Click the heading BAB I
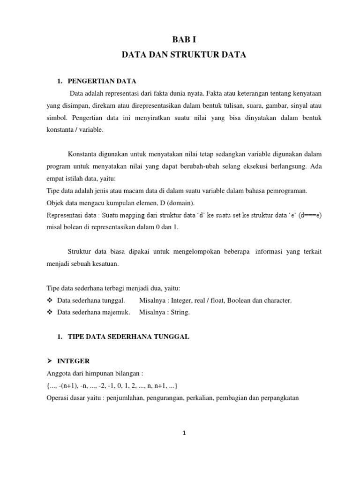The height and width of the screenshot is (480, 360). click(184, 40)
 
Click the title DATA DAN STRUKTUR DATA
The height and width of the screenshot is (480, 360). click(184, 55)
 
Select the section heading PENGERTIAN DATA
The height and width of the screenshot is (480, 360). click(102, 82)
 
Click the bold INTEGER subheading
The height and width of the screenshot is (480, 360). click(74, 361)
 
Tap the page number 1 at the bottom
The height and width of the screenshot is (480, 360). click(185, 433)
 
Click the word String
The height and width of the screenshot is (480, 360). click(180, 313)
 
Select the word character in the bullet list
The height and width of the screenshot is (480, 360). click(277, 300)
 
